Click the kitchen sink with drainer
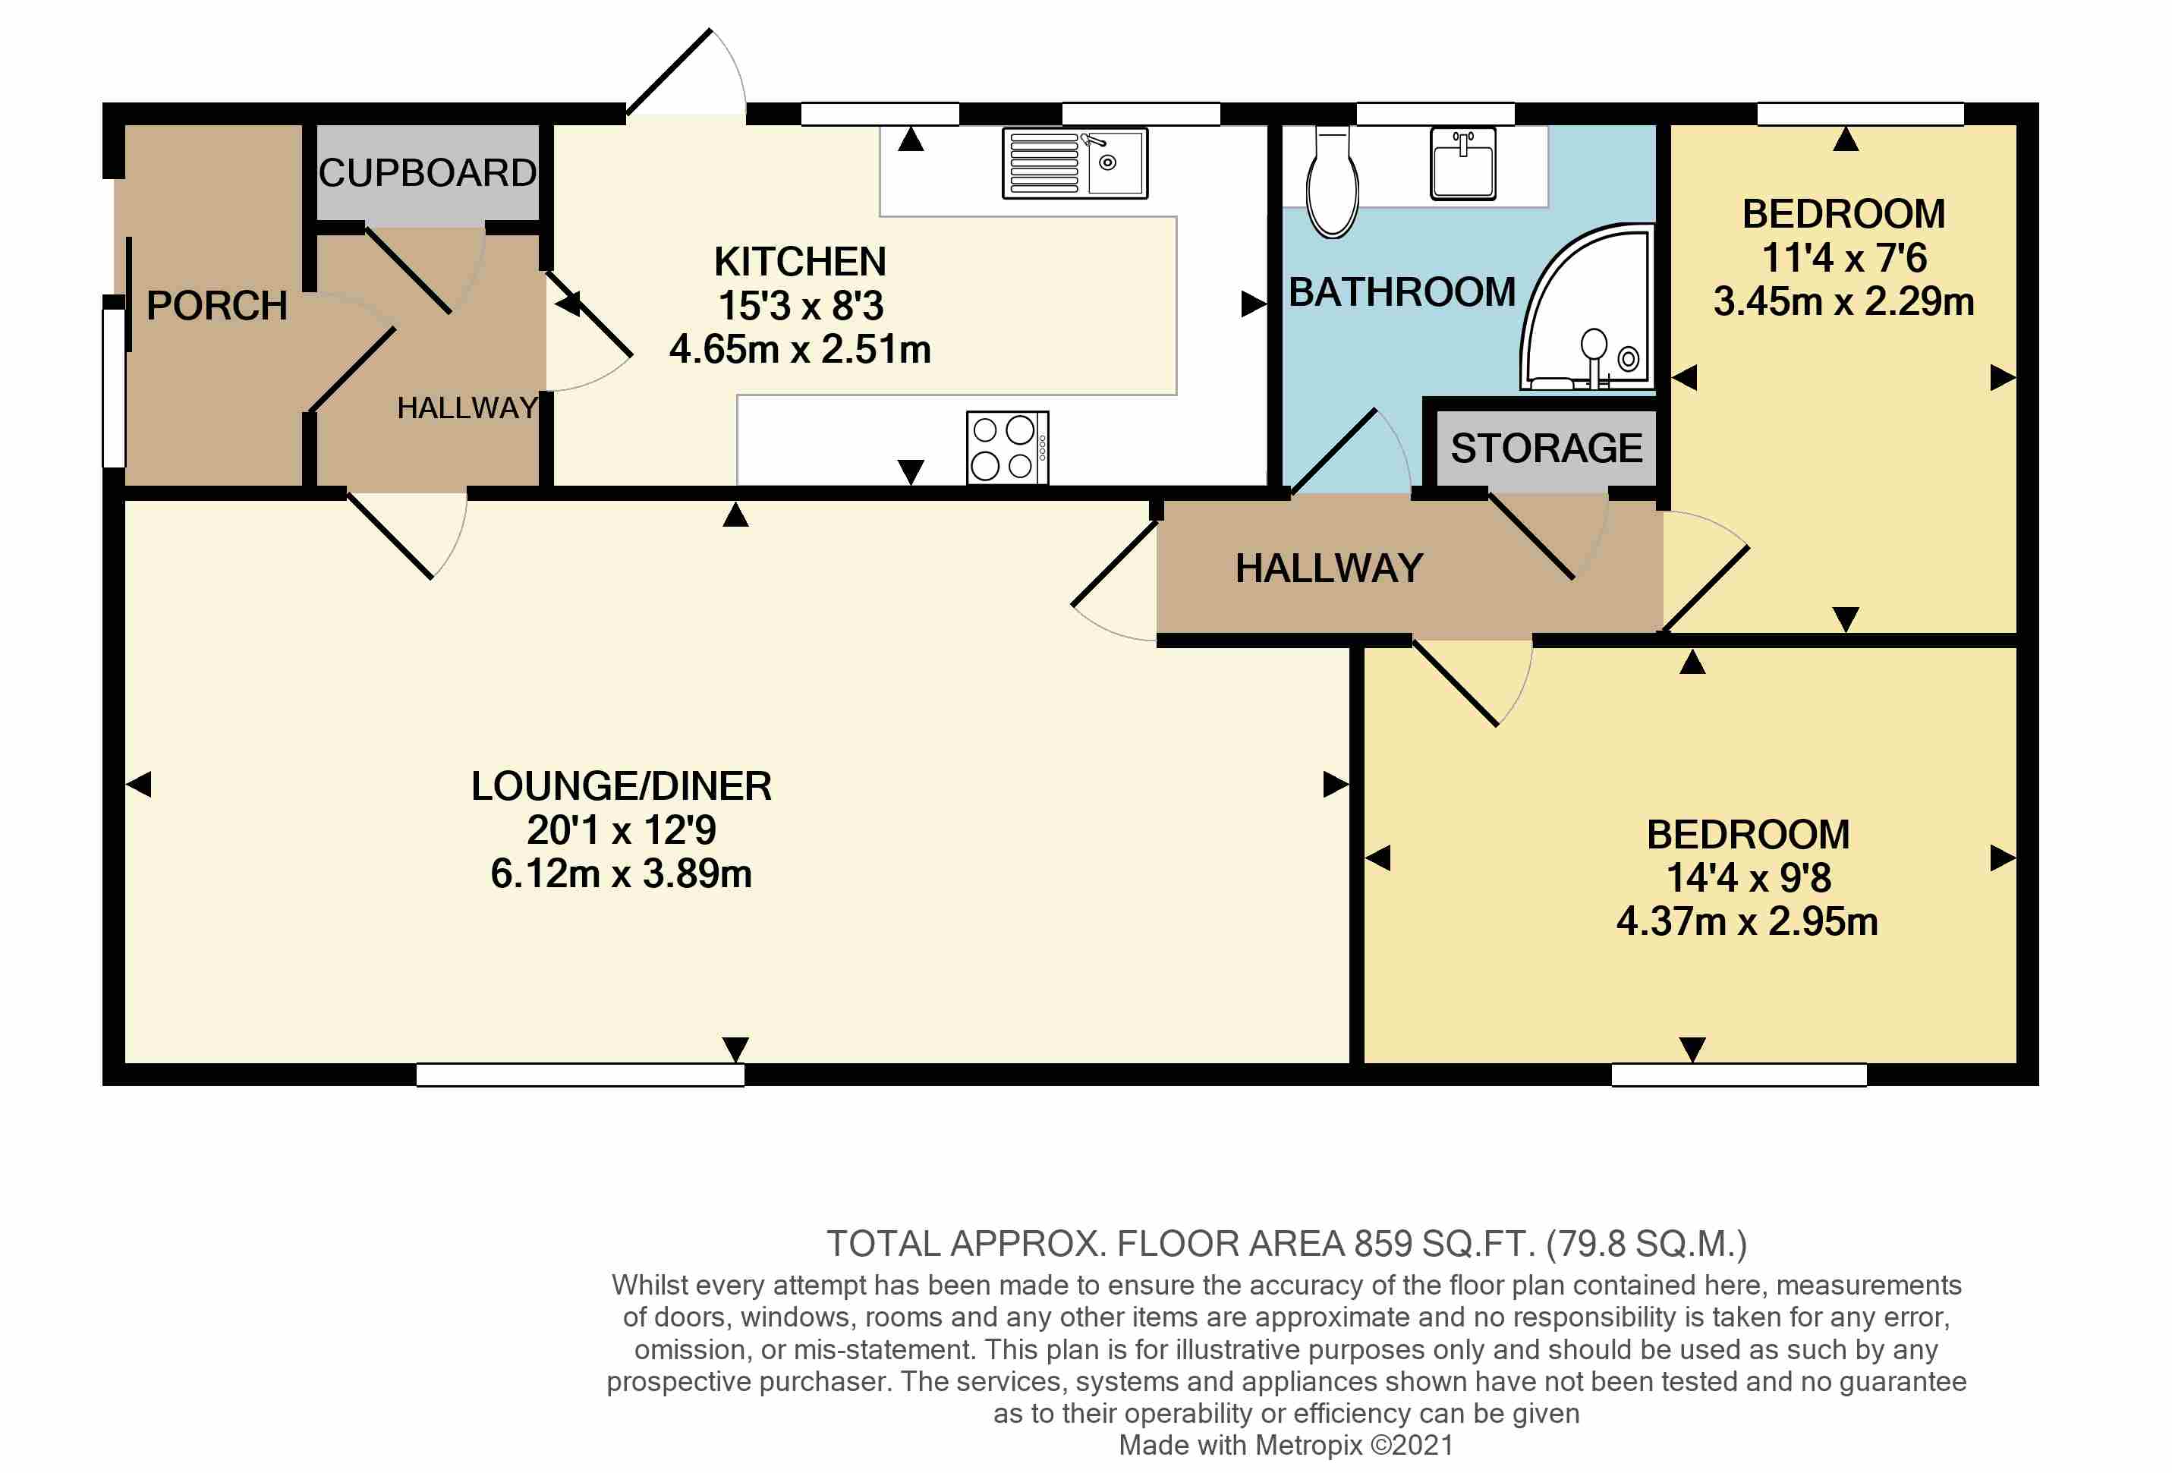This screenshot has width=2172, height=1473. pyautogui.click(x=1075, y=164)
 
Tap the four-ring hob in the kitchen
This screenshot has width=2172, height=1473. pyautogui.click(x=1008, y=448)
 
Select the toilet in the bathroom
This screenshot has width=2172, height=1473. pyautogui.click(x=1332, y=182)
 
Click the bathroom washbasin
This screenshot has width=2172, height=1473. pyautogui.click(x=1462, y=164)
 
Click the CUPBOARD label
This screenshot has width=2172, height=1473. pyautogui.click(x=428, y=173)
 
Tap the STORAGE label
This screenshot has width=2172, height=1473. pyautogui.click(x=1546, y=449)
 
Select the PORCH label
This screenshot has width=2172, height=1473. pyautogui.click(x=217, y=306)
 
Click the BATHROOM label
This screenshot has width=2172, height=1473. pyautogui.click(x=1402, y=292)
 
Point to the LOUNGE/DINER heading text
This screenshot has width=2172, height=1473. pyautogui.click(x=622, y=786)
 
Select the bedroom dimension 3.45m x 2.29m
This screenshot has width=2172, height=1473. pyautogui.click(x=1844, y=302)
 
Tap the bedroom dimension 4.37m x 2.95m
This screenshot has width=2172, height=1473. pyautogui.click(x=1748, y=921)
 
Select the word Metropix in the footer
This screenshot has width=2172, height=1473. pyautogui.click(x=1308, y=1445)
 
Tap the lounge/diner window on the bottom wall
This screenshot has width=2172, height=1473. pyautogui.click(x=581, y=1075)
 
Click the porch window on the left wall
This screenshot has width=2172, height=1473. pyautogui.click(x=114, y=387)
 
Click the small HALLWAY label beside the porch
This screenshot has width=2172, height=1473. pyautogui.click(x=467, y=408)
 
